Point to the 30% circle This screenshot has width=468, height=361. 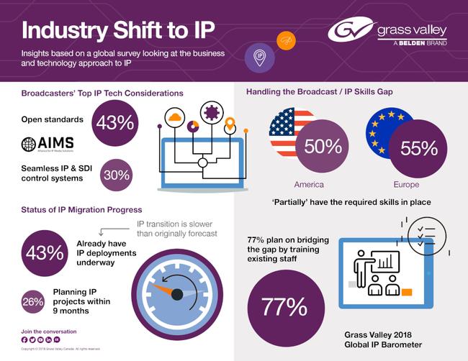[x=116, y=175]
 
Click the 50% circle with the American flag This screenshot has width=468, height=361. [x=322, y=147]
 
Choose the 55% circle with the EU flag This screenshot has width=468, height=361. [x=418, y=147]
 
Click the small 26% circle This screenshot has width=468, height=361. [x=33, y=301]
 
